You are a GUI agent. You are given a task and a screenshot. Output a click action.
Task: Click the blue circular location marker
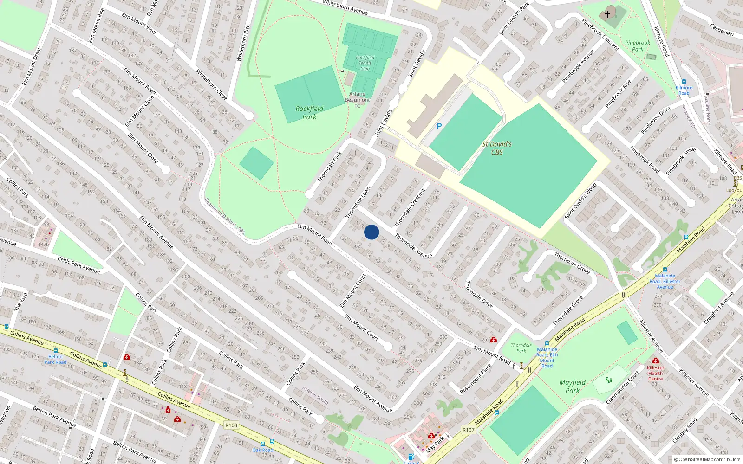[371, 232]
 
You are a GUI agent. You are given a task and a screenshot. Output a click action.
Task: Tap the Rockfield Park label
[309, 113]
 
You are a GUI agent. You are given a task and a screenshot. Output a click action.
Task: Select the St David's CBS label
[497, 148]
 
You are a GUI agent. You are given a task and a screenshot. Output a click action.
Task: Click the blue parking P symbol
[439, 126]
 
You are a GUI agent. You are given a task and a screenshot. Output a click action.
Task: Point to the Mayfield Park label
[572, 386]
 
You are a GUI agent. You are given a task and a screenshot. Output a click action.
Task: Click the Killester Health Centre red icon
[655, 361]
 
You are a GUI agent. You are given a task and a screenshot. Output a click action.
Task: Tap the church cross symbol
[607, 14]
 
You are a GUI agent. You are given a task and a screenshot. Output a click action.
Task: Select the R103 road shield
[231, 425]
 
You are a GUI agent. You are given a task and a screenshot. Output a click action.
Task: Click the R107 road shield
[469, 430]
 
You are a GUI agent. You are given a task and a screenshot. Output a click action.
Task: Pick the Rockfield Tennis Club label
[365, 63]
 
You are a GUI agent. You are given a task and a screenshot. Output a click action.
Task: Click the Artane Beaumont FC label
[357, 100]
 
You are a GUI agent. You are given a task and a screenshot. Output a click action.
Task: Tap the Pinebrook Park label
[638, 46]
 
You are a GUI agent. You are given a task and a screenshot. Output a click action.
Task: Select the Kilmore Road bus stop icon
[684, 82]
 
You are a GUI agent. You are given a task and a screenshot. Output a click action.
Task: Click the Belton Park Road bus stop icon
[56, 351]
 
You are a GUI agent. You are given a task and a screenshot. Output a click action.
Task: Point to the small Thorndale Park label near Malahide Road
[521, 348]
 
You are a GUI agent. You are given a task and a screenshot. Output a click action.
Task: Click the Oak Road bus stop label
[263, 450]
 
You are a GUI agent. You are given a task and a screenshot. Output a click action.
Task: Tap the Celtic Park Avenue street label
[78, 264]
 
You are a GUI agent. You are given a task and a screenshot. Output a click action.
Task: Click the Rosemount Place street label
[476, 379]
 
